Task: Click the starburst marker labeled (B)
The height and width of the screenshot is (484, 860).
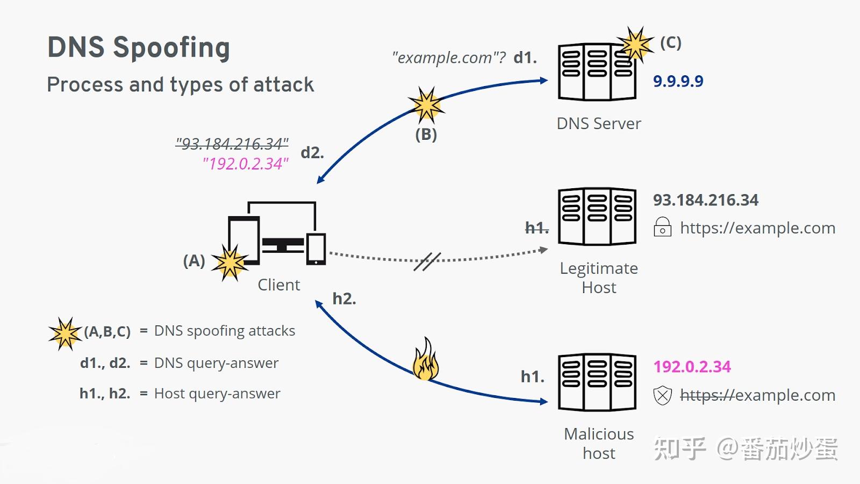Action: point(427,105)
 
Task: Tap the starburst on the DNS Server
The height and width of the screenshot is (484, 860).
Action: point(635,45)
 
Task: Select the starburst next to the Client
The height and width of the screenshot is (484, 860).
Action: point(230,263)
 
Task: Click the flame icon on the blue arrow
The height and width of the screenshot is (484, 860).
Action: point(425,360)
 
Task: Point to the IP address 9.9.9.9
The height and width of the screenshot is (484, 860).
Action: point(678,81)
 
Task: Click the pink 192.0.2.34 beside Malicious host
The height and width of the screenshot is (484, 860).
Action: point(692,366)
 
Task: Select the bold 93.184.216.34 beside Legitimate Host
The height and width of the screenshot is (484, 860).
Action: point(706,200)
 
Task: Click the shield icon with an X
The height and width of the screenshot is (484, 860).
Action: point(663,396)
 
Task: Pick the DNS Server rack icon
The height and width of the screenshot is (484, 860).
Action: point(597,72)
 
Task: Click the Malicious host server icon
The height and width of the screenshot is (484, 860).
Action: point(597,382)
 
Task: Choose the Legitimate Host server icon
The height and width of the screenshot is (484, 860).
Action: point(597,216)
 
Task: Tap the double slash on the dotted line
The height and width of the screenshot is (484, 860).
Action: point(427,261)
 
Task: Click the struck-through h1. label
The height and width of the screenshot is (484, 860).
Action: point(537,228)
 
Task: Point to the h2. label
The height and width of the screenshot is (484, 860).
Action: point(344,298)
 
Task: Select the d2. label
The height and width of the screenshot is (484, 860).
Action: point(312,153)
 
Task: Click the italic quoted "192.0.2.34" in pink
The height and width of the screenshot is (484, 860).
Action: point(245,163)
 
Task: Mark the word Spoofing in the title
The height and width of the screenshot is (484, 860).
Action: point(171,48)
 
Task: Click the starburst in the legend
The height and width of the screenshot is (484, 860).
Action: point(65,333)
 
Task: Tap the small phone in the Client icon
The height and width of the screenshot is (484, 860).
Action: point(316,249)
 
